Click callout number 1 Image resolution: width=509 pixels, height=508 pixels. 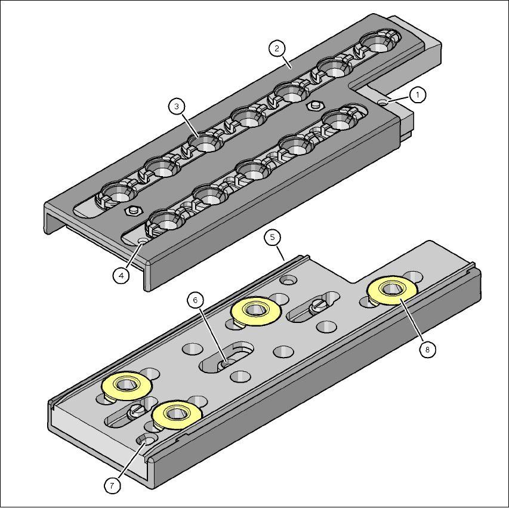pyautogui.click(x=418, y=95)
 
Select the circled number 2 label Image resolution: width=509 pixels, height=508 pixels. pyautogui.click(x=277, y=48)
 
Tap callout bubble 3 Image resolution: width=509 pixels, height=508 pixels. pyautogui.click(x=177, y=106)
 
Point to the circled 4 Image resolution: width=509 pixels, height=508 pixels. pyautogui.click(x=121, y=276)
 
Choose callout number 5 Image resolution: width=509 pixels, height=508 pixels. pyautogui.click(x=272, y=238)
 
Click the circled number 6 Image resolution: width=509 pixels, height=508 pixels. pyautogui.click(x=195, y=300)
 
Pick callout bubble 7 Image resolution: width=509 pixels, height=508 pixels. pyautogui.click(x=112, y=486)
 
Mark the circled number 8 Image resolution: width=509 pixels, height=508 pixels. pyautogui.click(x=427, y=350)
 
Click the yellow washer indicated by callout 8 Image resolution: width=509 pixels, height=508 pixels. pyautogui.click(x=392, y=290)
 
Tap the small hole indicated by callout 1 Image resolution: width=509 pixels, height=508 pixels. pyautogui.click(x=384, y=102)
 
